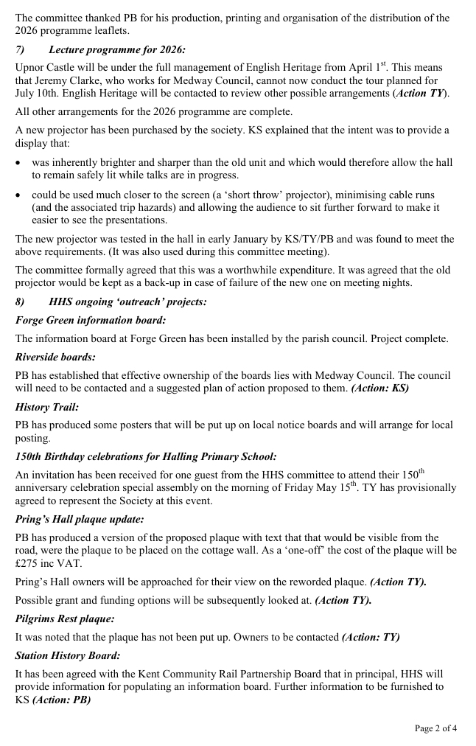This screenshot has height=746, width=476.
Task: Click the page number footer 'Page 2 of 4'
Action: [x=435, y=728]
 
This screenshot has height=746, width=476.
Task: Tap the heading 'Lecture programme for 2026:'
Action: [x=117, y=49]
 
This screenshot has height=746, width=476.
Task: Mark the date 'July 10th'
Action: [x=36, y=94]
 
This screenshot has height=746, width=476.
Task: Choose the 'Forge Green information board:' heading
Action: [x=91, y=320]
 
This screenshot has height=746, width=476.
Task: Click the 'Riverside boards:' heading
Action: [x=55, y=357]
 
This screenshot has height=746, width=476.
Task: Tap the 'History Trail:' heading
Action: [x=47, y=407]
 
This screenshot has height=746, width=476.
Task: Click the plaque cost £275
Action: [x=29, y=563]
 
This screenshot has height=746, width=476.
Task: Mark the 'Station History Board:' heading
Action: [x=68, y=655]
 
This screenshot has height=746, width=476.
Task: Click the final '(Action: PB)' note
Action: [x=61, y=700]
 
